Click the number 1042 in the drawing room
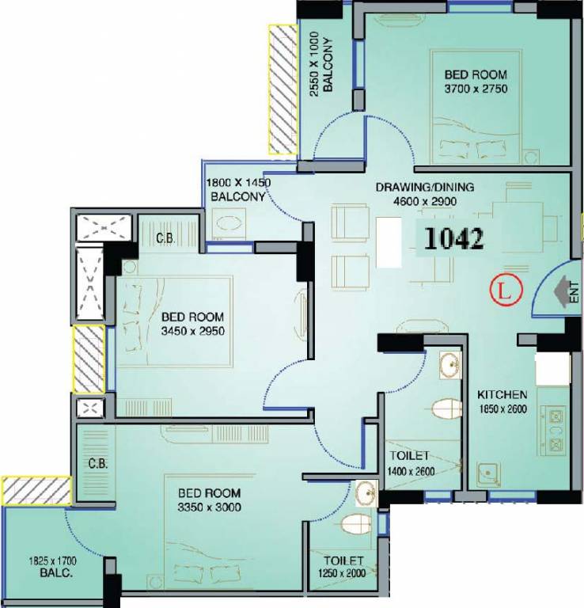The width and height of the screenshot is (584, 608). (x=453, y=238)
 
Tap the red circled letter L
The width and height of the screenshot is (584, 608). (x=506, y=289)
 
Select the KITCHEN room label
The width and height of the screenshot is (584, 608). (x=502, y=395)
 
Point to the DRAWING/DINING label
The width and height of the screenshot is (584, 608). (x=425, y=188)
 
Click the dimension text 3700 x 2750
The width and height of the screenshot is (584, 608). (x=476, y=89)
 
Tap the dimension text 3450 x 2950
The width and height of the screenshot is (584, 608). (x=193, y=331)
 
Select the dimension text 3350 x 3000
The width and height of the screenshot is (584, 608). (x=209, y=507)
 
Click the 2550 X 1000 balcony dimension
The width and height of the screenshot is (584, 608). (x=314, y=64)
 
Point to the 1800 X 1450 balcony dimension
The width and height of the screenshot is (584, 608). (x=238, y=182)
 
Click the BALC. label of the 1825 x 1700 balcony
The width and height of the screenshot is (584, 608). (x=56, y=572)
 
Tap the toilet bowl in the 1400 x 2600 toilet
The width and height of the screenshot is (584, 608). (x=447, y=408)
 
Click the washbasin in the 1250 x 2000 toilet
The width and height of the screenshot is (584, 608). (x=366, y=493)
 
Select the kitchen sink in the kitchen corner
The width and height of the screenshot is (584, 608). (x=488, y=475)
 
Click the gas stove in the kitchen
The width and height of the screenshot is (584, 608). (x=556, y=429)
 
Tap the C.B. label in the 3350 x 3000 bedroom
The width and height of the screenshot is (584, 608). (x=97, y=463)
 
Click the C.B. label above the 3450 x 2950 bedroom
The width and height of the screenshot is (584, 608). (x=165, y=238)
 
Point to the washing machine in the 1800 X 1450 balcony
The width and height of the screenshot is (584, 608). (x=229, y=224)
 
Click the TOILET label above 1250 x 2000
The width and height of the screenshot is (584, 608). (x=343, y=560)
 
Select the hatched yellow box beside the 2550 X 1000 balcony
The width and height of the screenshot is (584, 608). (x=283, y=89)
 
